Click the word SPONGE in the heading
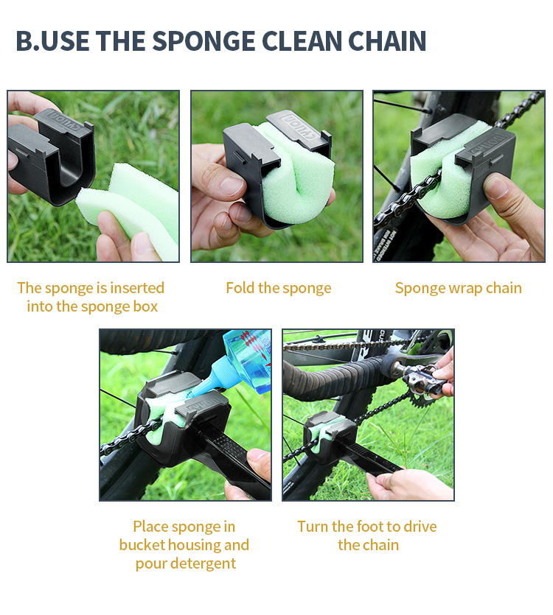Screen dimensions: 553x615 click(204, 41)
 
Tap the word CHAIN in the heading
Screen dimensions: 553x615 click(387, 41)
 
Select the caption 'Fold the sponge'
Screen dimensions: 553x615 click(279, 288)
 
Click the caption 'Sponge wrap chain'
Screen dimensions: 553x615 click(459, 288)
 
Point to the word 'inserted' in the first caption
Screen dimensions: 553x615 click(137, 288)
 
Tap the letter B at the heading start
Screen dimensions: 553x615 click(24, 41)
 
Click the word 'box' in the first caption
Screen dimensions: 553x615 click(145, 306)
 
